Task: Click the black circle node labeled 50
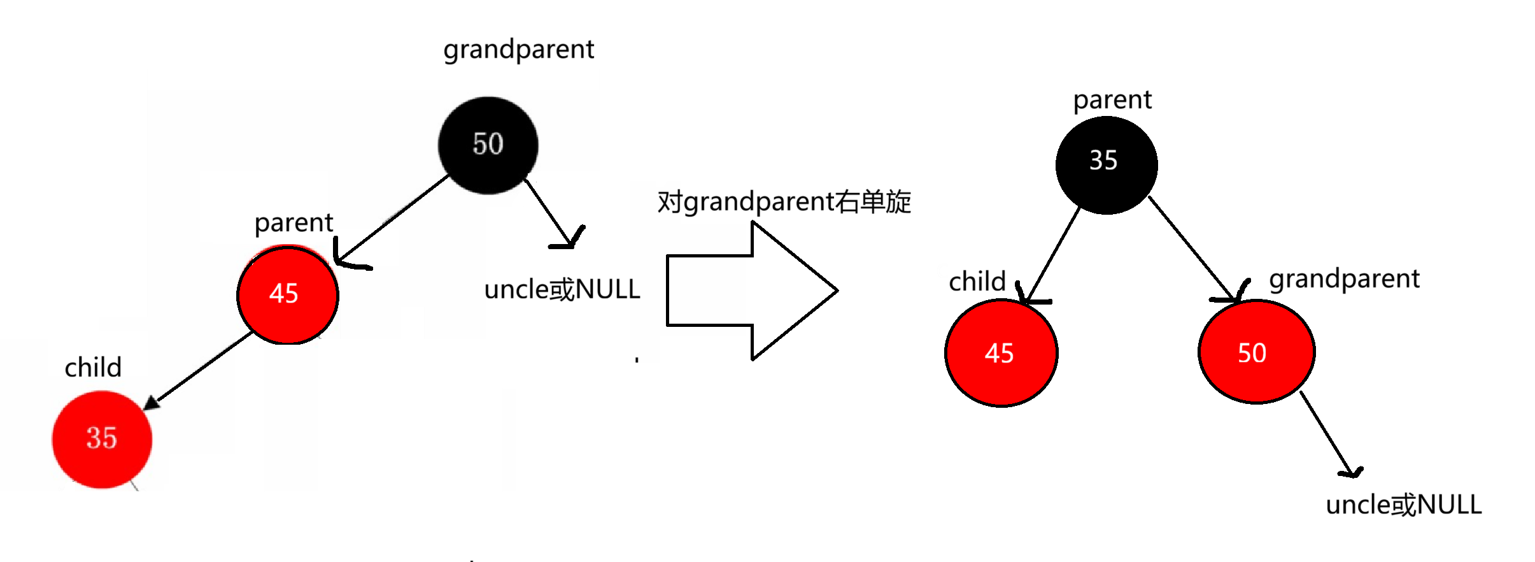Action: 488,145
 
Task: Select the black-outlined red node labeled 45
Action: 287,295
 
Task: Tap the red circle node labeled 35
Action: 102,439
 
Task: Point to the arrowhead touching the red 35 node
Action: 150,403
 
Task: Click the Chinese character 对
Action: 668,202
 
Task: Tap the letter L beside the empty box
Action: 634,290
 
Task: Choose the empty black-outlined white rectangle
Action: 705,290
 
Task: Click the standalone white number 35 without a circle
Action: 1103,161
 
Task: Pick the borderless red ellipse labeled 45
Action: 1001,353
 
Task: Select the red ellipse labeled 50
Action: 1256,352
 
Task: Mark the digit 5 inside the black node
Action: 480,144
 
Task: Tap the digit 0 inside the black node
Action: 496,144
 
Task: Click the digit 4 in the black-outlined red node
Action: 276,294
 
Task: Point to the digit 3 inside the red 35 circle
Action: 94,438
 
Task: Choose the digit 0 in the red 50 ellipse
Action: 1259,353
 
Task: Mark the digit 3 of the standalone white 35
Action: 1096,161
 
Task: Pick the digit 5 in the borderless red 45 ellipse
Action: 1007,354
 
